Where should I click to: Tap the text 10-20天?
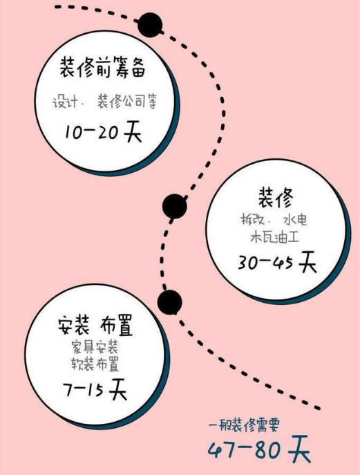[103, 132]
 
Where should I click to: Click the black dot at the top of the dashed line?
[150, 25]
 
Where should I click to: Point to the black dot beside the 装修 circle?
[175, 206]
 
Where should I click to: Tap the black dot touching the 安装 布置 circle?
[170, 302]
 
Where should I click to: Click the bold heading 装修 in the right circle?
[276, 198]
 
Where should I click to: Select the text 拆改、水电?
[274, 220]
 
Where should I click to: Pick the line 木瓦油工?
[274, 236]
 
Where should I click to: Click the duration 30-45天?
[277, 262]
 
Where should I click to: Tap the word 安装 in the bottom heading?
[73, 326]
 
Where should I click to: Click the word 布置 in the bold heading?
[116, 326]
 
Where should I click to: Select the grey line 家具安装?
[95, 347]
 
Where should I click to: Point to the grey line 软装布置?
[95, 364]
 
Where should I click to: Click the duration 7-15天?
[95, 389]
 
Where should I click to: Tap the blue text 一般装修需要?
[243, 425]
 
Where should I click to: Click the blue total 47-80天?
[260, 449]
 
